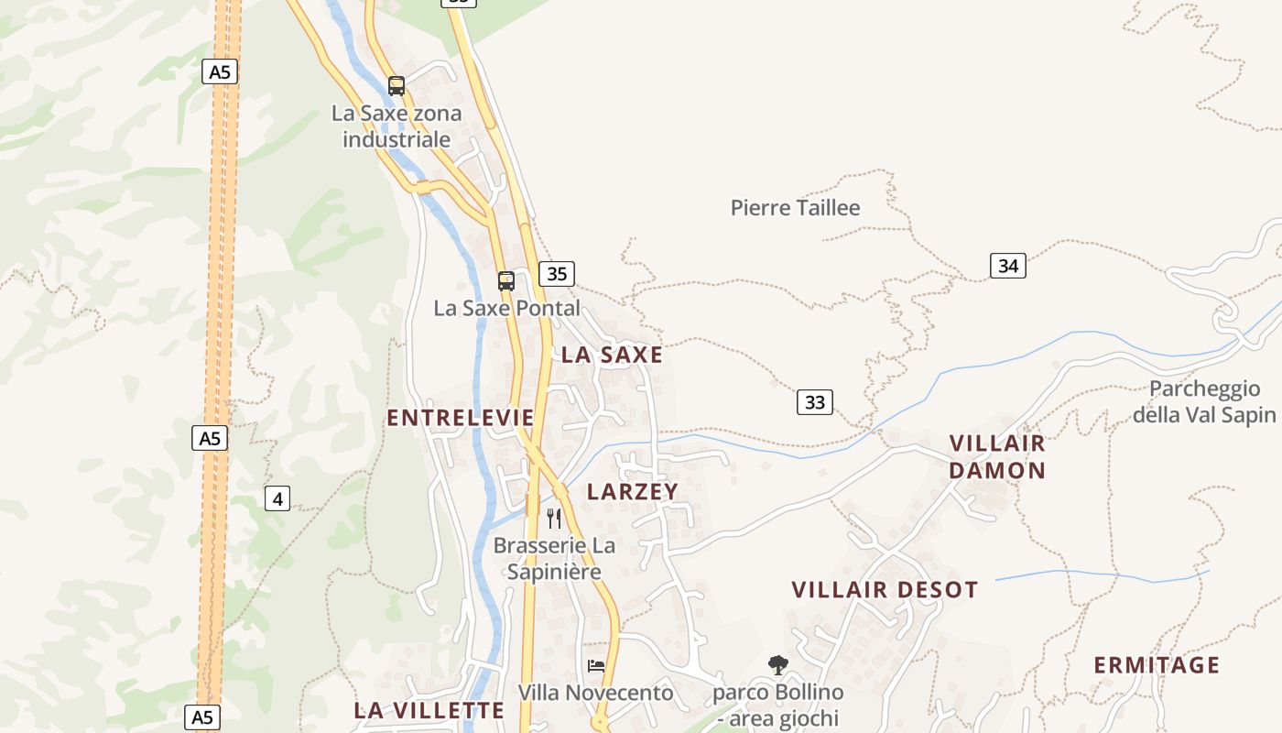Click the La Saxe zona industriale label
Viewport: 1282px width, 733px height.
397,126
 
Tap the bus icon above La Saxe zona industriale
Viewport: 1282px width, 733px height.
397,86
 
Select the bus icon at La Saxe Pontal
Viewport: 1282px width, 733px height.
506,281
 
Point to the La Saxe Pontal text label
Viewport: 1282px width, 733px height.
506,308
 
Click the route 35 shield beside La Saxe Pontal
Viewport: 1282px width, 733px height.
557,273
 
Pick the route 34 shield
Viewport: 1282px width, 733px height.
1007,266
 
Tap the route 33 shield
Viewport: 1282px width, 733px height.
814,401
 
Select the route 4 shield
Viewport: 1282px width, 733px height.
277,498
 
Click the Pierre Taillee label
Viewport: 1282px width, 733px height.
795,208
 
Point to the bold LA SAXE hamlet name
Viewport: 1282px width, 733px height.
612,355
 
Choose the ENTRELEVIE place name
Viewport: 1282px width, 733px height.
460,418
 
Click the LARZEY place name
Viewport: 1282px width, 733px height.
633,491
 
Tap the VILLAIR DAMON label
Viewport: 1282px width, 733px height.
997,456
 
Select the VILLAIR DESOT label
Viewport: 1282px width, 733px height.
885,589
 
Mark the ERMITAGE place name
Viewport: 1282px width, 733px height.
1157,665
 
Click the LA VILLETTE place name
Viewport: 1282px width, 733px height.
429,710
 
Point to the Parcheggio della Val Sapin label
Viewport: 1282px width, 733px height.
1204,401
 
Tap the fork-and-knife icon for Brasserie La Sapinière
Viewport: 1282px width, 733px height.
554,519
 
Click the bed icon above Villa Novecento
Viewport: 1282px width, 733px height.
596,666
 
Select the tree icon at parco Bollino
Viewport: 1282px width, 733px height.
777,664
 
